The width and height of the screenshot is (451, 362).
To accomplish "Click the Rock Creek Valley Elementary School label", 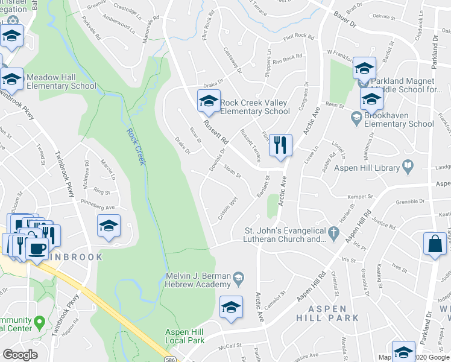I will [x=254, y=107].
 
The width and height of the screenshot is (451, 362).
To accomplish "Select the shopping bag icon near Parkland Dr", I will [x=435, y=244].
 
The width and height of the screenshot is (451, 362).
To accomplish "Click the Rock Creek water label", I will [x=136, y=147].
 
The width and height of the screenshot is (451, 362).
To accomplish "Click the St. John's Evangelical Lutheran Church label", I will [x=285, y=234].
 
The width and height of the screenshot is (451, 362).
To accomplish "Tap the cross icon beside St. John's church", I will [x=332, y=232].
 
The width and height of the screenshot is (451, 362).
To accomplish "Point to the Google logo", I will [x=20, y=355].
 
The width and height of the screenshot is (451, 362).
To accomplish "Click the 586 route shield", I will [x=171, y=359].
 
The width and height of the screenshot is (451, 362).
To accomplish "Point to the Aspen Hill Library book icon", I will [x=408, y=165].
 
